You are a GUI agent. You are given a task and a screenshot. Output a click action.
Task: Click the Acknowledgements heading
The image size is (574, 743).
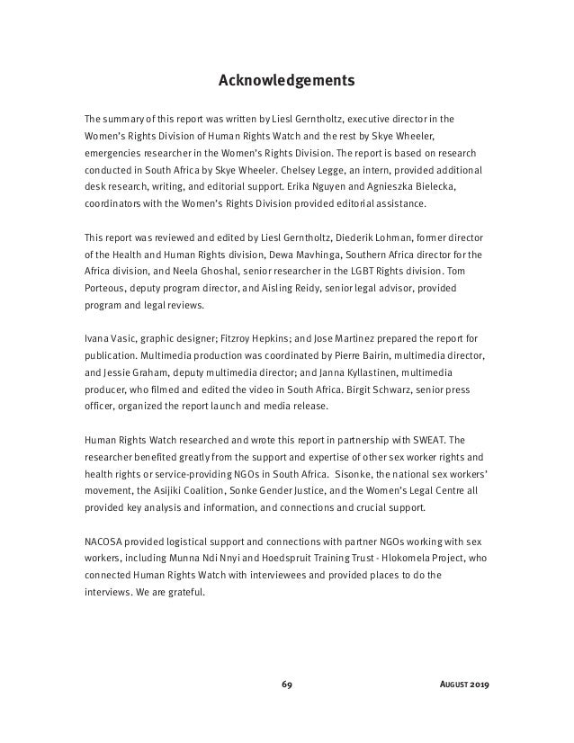(287, 82)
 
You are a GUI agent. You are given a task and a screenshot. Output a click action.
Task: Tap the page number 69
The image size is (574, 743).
(287, 684)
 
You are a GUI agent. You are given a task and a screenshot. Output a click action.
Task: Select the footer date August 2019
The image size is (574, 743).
(464, 684)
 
